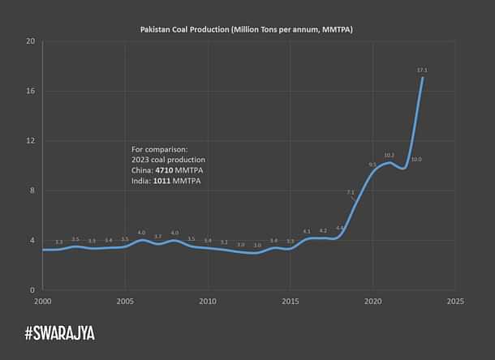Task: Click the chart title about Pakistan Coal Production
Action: click(247, 29)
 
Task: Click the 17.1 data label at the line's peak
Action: click(422, 71)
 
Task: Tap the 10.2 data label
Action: click(389, 155)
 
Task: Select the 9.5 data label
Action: click(372, 165)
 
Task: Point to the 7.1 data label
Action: click(351, 192)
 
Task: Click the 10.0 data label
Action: click(416, 160)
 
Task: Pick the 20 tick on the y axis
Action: click(30, 41)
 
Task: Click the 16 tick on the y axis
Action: click(30, 91)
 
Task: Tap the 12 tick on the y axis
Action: click(30, 141)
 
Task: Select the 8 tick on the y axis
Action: click(32, 191)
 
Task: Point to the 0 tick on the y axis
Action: click(32, 290)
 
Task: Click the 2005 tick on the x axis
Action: click(125, 301)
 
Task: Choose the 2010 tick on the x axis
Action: click(208, 301)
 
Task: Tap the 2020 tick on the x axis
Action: click(373, 301)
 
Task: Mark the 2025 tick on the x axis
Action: click(455, 301)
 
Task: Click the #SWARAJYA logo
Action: click(59, 332)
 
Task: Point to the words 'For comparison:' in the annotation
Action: click(160, 150)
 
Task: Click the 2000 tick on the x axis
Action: click(42, 301)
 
